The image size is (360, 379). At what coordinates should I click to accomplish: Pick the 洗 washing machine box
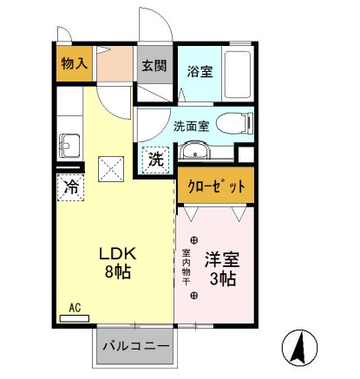154,159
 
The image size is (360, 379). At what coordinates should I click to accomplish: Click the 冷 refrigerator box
71,186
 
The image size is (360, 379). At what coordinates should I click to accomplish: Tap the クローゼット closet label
216,185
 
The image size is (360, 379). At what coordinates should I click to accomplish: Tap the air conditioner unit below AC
74,317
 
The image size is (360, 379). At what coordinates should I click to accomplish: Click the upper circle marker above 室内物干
193,239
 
